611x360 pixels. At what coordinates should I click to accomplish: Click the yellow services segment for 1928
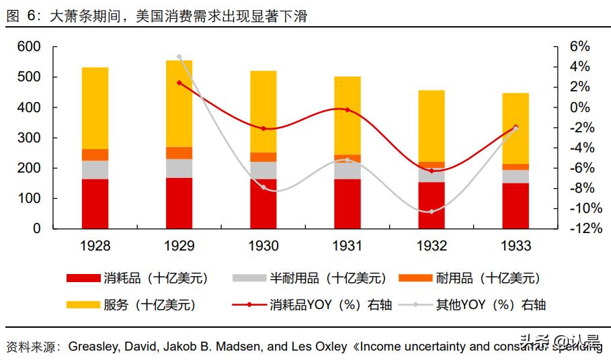95,107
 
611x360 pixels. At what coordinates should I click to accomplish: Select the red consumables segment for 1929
179,203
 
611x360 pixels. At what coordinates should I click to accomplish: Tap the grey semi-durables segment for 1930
263,170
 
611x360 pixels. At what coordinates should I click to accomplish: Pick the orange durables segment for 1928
95,154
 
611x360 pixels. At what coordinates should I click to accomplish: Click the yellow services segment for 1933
516,128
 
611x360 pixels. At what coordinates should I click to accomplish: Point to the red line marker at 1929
179,83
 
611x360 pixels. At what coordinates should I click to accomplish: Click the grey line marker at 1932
432,212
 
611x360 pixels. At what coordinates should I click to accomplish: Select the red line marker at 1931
348,109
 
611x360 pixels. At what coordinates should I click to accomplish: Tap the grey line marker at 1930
263,187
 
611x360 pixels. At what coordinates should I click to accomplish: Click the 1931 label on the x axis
348,246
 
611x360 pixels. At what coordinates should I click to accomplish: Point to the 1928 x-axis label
95,246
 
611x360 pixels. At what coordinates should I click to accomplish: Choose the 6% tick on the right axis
579,47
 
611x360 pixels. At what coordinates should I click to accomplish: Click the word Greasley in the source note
95,347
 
